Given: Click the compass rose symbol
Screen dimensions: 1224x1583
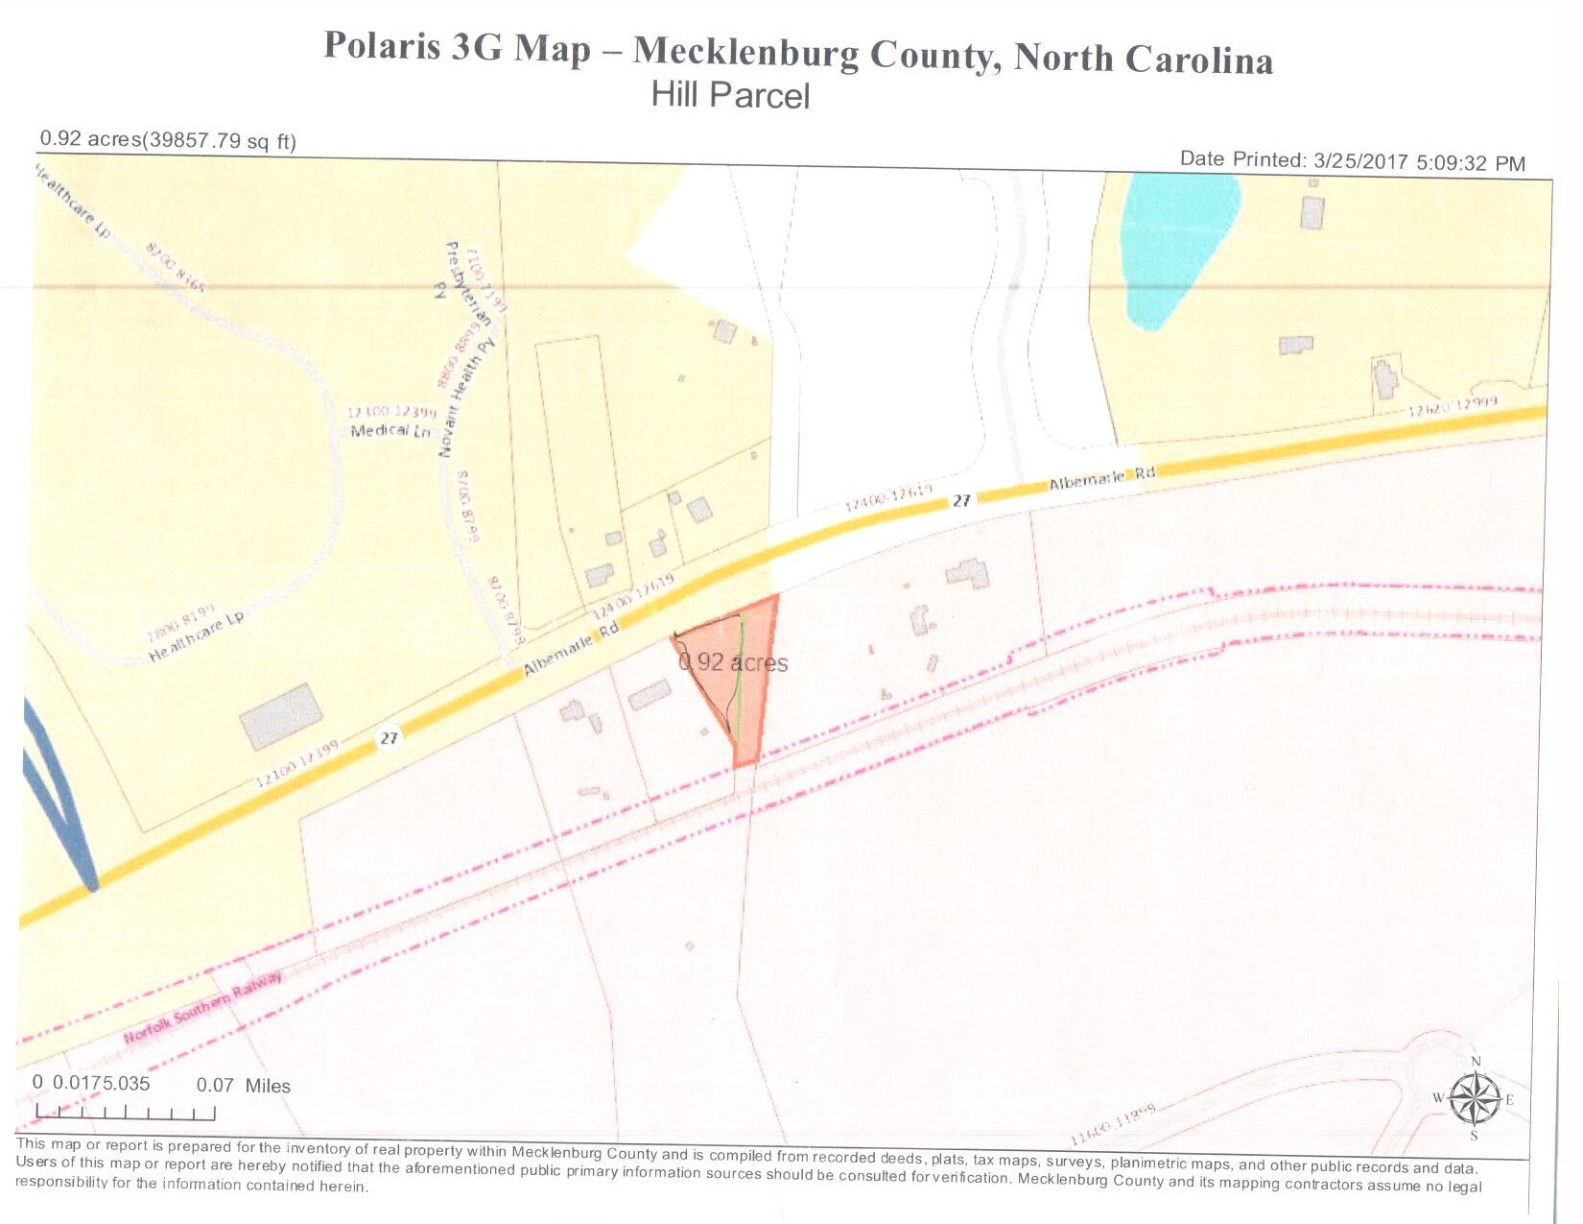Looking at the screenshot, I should point(1475,1099).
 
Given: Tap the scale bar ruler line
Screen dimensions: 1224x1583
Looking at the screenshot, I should point(125,1114).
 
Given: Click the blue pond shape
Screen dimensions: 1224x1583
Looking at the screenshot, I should point(1175,245).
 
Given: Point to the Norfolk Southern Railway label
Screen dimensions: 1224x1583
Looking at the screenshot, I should point(203,1008).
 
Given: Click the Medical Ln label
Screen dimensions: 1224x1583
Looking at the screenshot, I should point(390,430).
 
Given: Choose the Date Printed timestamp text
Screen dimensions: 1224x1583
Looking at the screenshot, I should point(1352,161).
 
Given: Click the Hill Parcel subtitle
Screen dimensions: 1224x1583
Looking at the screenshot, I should point(730,95).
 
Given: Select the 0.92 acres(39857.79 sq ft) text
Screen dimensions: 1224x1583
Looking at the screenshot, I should point(168,140).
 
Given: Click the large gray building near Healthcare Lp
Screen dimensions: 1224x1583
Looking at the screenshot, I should point(281,716).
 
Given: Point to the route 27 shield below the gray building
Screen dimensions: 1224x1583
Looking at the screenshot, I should point(389,737).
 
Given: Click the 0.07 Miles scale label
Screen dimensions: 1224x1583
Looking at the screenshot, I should point(243,1086).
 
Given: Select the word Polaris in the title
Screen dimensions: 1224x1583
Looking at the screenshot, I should point(382,46).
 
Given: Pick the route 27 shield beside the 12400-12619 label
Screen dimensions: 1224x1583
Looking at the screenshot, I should point(961,500).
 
